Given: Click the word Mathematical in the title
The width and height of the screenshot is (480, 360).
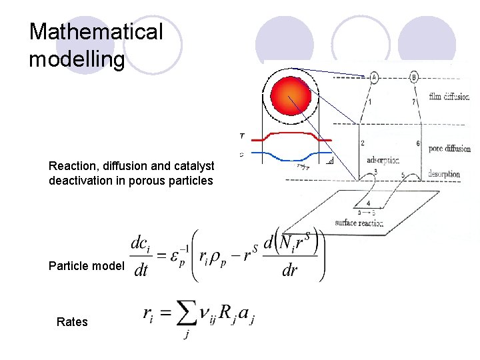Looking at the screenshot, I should tap(95, 32).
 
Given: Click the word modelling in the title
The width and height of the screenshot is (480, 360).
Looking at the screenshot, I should tap(77, 60).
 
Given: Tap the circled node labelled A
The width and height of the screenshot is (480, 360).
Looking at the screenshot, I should tap(373, 77).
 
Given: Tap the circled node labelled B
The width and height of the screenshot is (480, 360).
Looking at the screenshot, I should tap(415, 77).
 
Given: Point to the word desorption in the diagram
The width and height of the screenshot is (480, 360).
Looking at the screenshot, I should tap(444, 175).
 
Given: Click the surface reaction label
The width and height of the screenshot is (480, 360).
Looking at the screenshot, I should tap(359, 223).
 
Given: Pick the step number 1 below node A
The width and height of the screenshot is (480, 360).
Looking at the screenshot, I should tap(370, 102).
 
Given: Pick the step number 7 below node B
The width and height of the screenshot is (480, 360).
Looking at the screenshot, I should tap(413, 102).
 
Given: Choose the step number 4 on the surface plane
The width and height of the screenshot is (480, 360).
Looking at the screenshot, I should tap(369, 203).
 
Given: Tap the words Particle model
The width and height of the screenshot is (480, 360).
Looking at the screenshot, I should tap(86, 267).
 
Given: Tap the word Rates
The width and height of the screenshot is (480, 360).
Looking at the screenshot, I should tap(72, 322).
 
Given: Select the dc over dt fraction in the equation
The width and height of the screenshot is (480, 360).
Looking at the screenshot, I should tap(140, 257).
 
